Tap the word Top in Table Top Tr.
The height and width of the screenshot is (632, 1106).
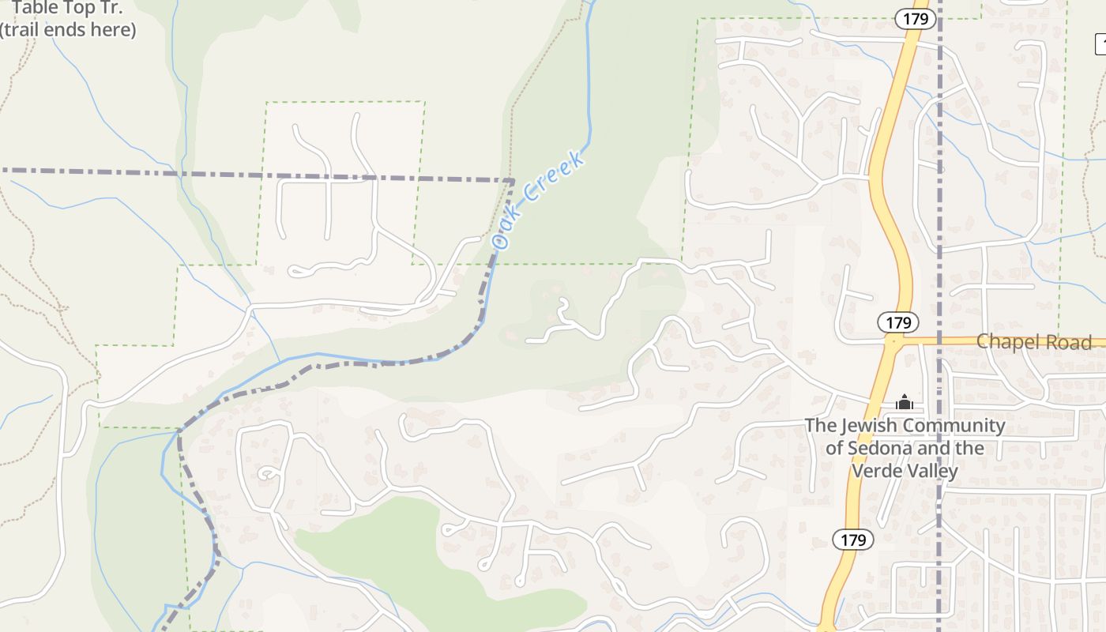tap(78, 9)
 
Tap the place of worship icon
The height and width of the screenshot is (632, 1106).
tap(905, 403)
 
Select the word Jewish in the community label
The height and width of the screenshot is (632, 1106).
tap(867, 426)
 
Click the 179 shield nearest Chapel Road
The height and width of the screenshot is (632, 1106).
tap(898, 322)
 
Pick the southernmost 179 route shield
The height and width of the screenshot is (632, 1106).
tap(853, 540)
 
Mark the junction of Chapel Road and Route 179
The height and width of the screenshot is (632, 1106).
tap(893, 342)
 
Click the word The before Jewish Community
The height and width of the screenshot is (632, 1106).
tap(819, 426)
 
